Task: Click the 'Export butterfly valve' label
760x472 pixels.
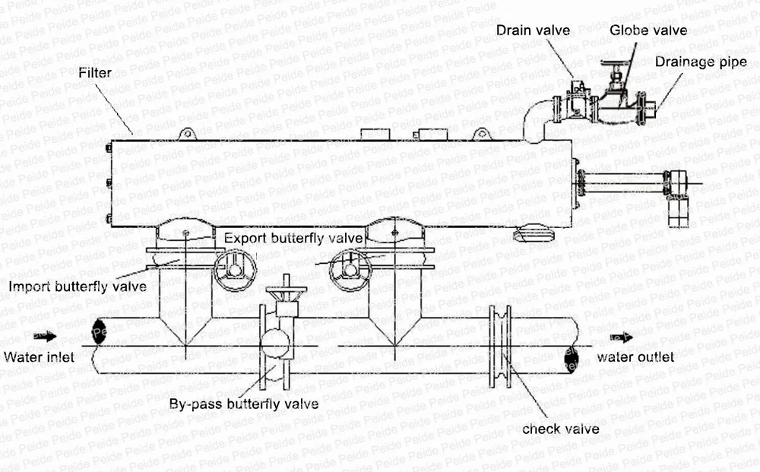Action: (293, 237)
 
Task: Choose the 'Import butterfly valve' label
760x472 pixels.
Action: (77, 287)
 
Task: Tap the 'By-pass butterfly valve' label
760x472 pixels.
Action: (243, 404)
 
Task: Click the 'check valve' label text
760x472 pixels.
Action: (561, 429)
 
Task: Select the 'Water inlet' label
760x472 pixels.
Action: (39, 356)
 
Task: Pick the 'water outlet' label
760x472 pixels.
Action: (635, 356)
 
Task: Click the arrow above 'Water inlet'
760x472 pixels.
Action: (45, 335)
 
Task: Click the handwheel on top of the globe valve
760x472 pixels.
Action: (619, 63)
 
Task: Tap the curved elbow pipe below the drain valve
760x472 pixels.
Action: (535, 118)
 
